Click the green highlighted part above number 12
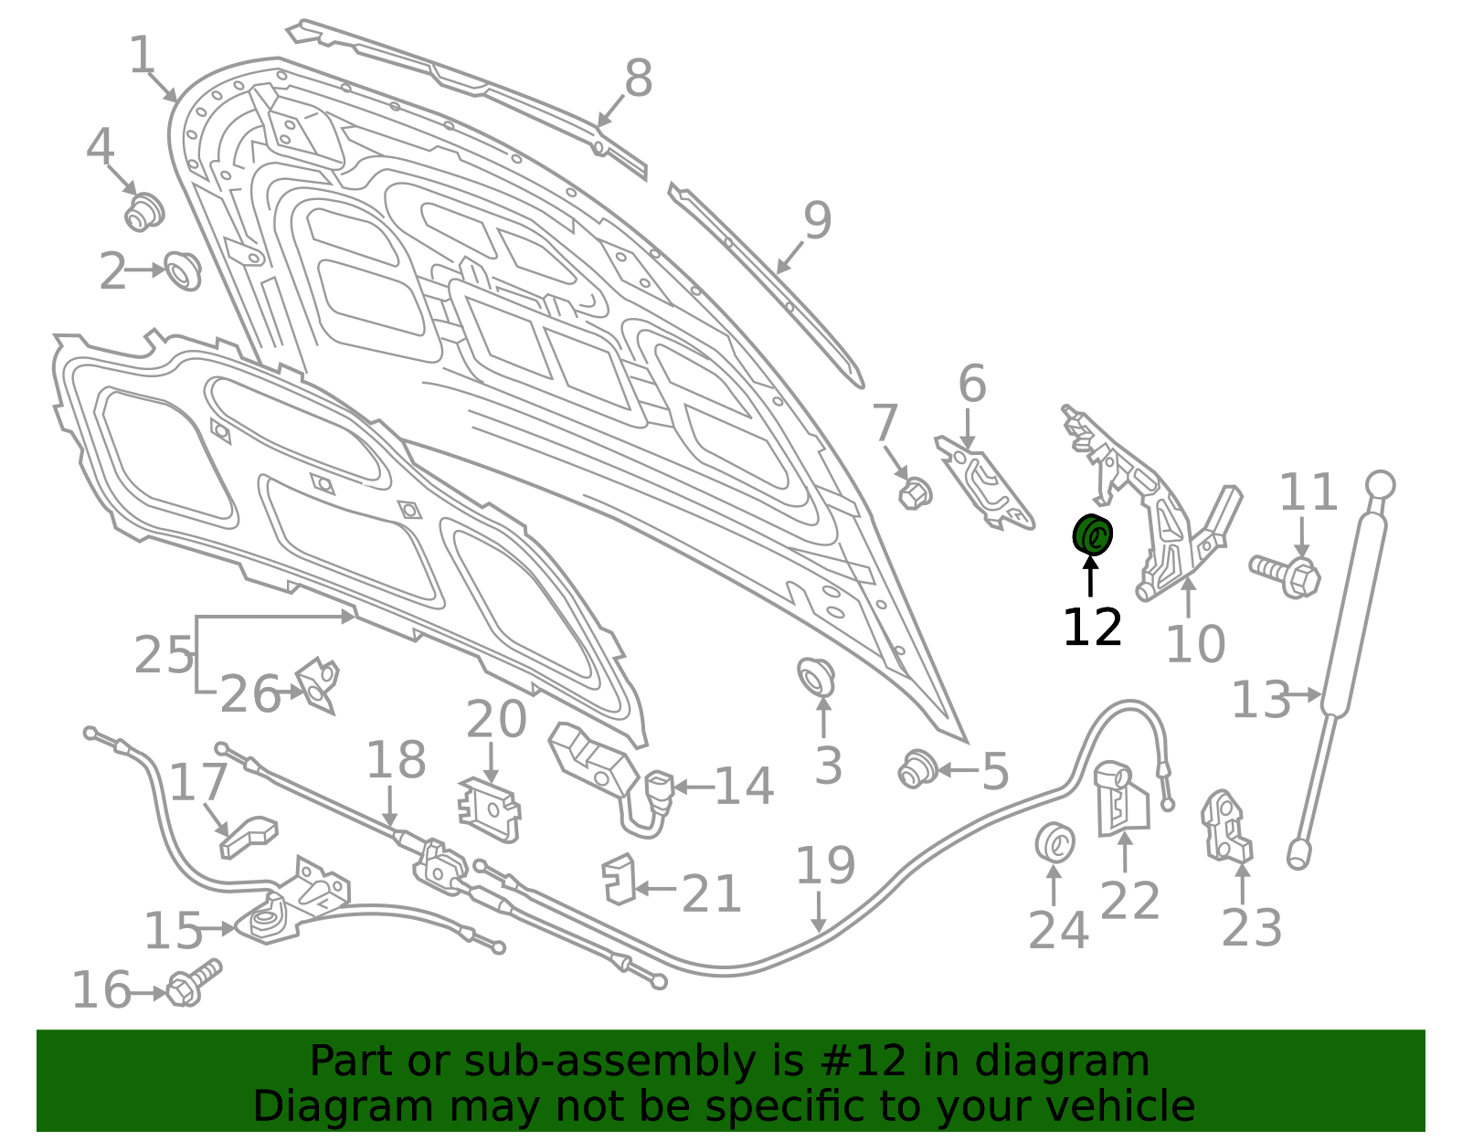pyautogui.click(x=1092, y=534)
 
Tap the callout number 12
pyautogui.click(x=1093, y=628)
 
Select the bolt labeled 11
pyautogui.click(x=1286, y=576)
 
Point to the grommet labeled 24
pyautogui.click(x=1055, y=840)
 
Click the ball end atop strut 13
pyautogui.click(x=1381, y=484)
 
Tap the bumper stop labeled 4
pyautogui.click(x=144, y=211)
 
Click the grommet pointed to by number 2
pyautogui.click(x=183, y=271)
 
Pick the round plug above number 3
pyautogui.click(x=815, y=678)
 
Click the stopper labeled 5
pyautogui.click(x=917, y=768)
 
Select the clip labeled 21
pyautogui.click(x=619, y=880)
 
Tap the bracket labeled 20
pyautogui.click(x=489, y=809)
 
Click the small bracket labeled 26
pyautogui.click(x=316, y=686)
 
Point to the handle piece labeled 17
pyautogui.click(x=249, y=838)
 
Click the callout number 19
pyautogui.click(x=825, y=866)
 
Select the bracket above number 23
pyautogui.click(x=1226, y=827)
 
